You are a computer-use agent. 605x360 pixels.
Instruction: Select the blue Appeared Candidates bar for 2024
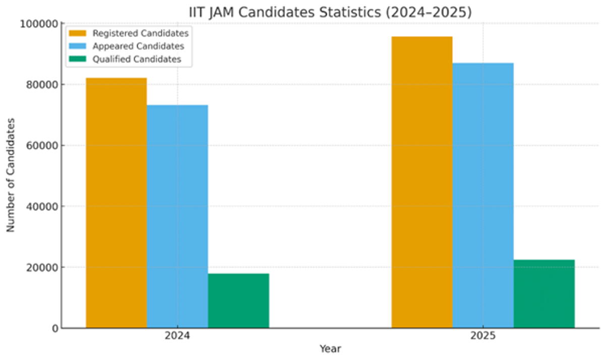click(x=177, y=216)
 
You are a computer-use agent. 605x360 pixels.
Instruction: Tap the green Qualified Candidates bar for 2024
click(x=238, y=301)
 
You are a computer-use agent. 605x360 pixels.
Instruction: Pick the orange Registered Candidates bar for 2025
click(x=422, y=182)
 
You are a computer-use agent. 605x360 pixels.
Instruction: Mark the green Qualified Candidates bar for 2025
click(x=544, y=293)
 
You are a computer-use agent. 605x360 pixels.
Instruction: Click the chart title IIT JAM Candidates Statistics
click(x=330, y=12)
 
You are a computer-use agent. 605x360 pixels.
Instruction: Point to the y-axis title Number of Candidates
click(x=11, y=175)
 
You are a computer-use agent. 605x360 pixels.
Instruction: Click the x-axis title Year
click(x=330, y=348)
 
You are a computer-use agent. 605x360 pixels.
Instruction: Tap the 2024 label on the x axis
click(x=177, y=336)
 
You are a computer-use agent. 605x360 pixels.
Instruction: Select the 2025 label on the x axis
click(x=483, y=336)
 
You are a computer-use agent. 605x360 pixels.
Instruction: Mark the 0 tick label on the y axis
click(x=54, y=328)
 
